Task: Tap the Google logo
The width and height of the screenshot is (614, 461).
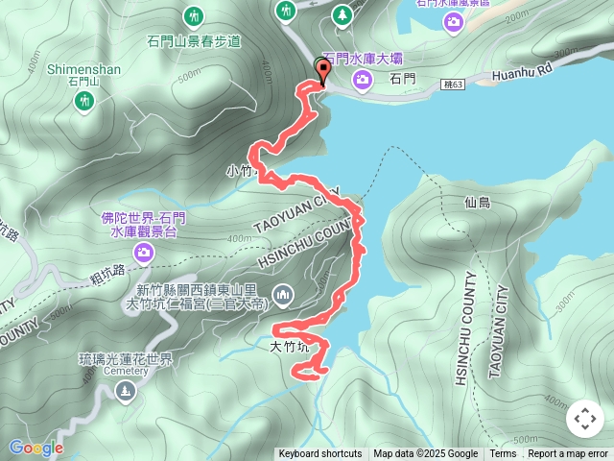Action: pos(35,448)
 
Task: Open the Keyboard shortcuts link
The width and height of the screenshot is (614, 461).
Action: pos(320,454)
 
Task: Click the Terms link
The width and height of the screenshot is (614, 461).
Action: pos(503,454)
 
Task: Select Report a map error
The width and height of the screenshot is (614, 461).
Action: pos(568,454)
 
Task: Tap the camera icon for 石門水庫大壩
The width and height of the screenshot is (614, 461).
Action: pos(363,80)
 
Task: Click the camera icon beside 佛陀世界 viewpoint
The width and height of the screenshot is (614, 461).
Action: pos(143,252)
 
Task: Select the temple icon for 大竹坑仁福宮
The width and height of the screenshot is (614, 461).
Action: pos(282,293)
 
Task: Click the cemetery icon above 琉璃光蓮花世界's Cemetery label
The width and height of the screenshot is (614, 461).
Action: pos(126,390)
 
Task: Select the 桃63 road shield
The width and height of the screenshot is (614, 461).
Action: pos(456,86)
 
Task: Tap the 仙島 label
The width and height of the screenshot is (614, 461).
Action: pos(477,203)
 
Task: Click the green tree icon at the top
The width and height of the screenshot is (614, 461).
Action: pos(342,14)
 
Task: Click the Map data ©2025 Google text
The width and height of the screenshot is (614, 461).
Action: pos(425,454)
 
